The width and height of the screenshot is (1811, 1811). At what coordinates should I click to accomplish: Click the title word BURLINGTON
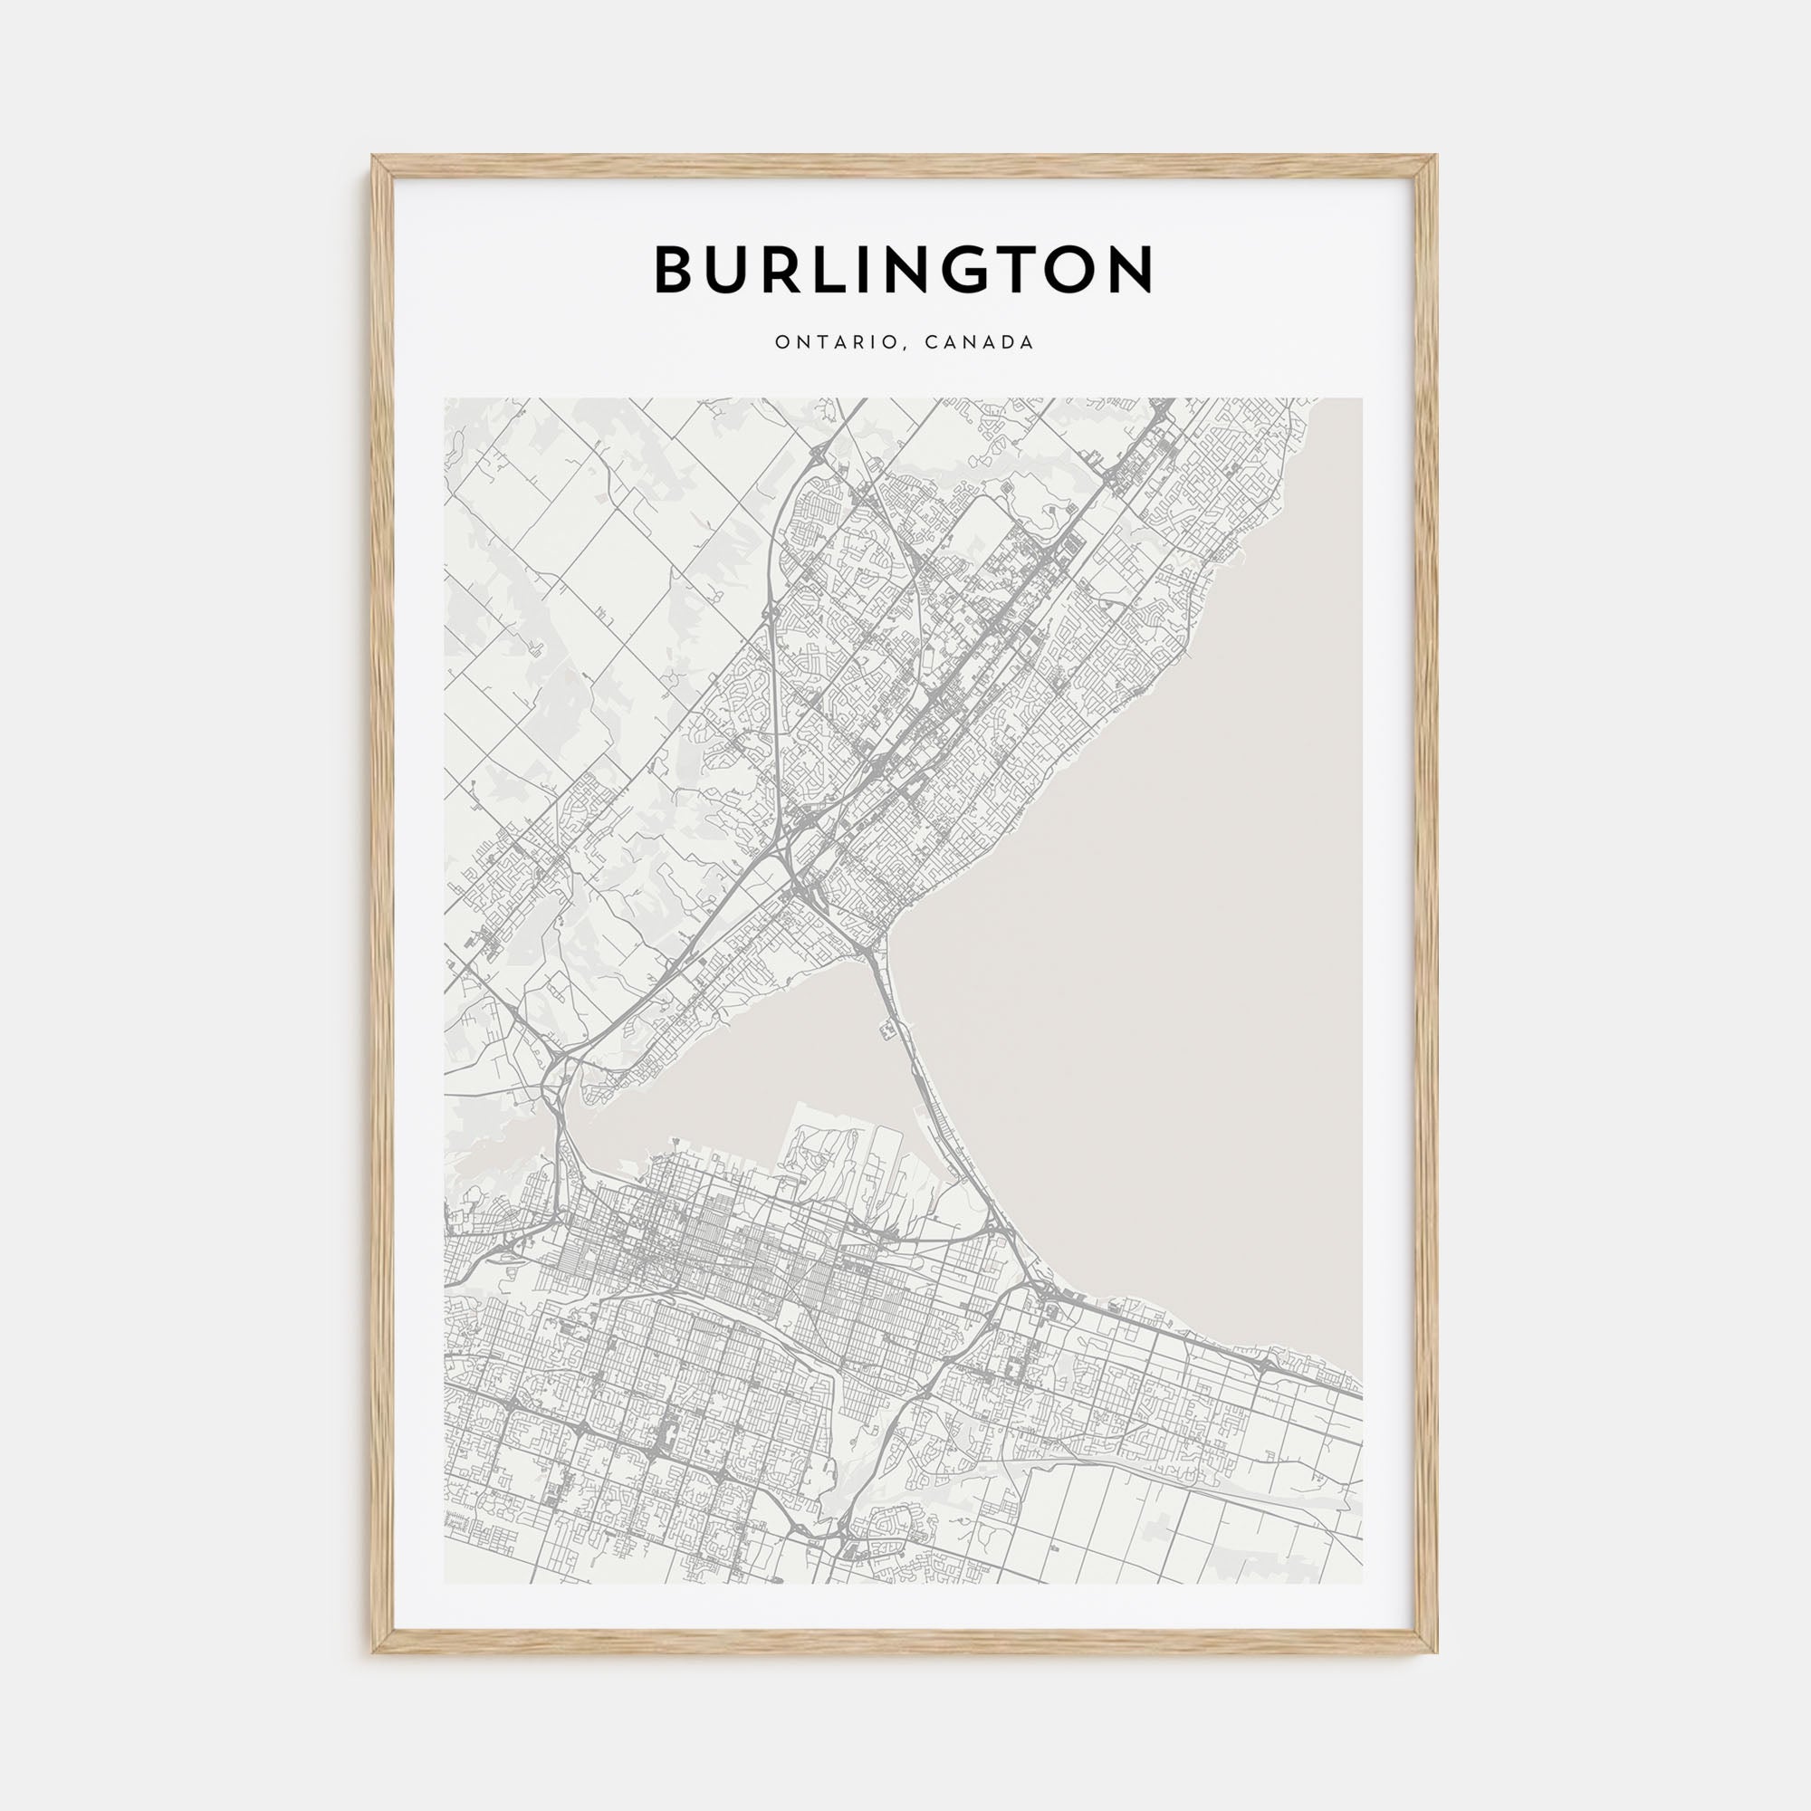904,270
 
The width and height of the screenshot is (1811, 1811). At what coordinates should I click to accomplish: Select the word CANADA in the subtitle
979,343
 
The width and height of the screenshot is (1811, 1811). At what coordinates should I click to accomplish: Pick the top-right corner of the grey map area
1361,399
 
